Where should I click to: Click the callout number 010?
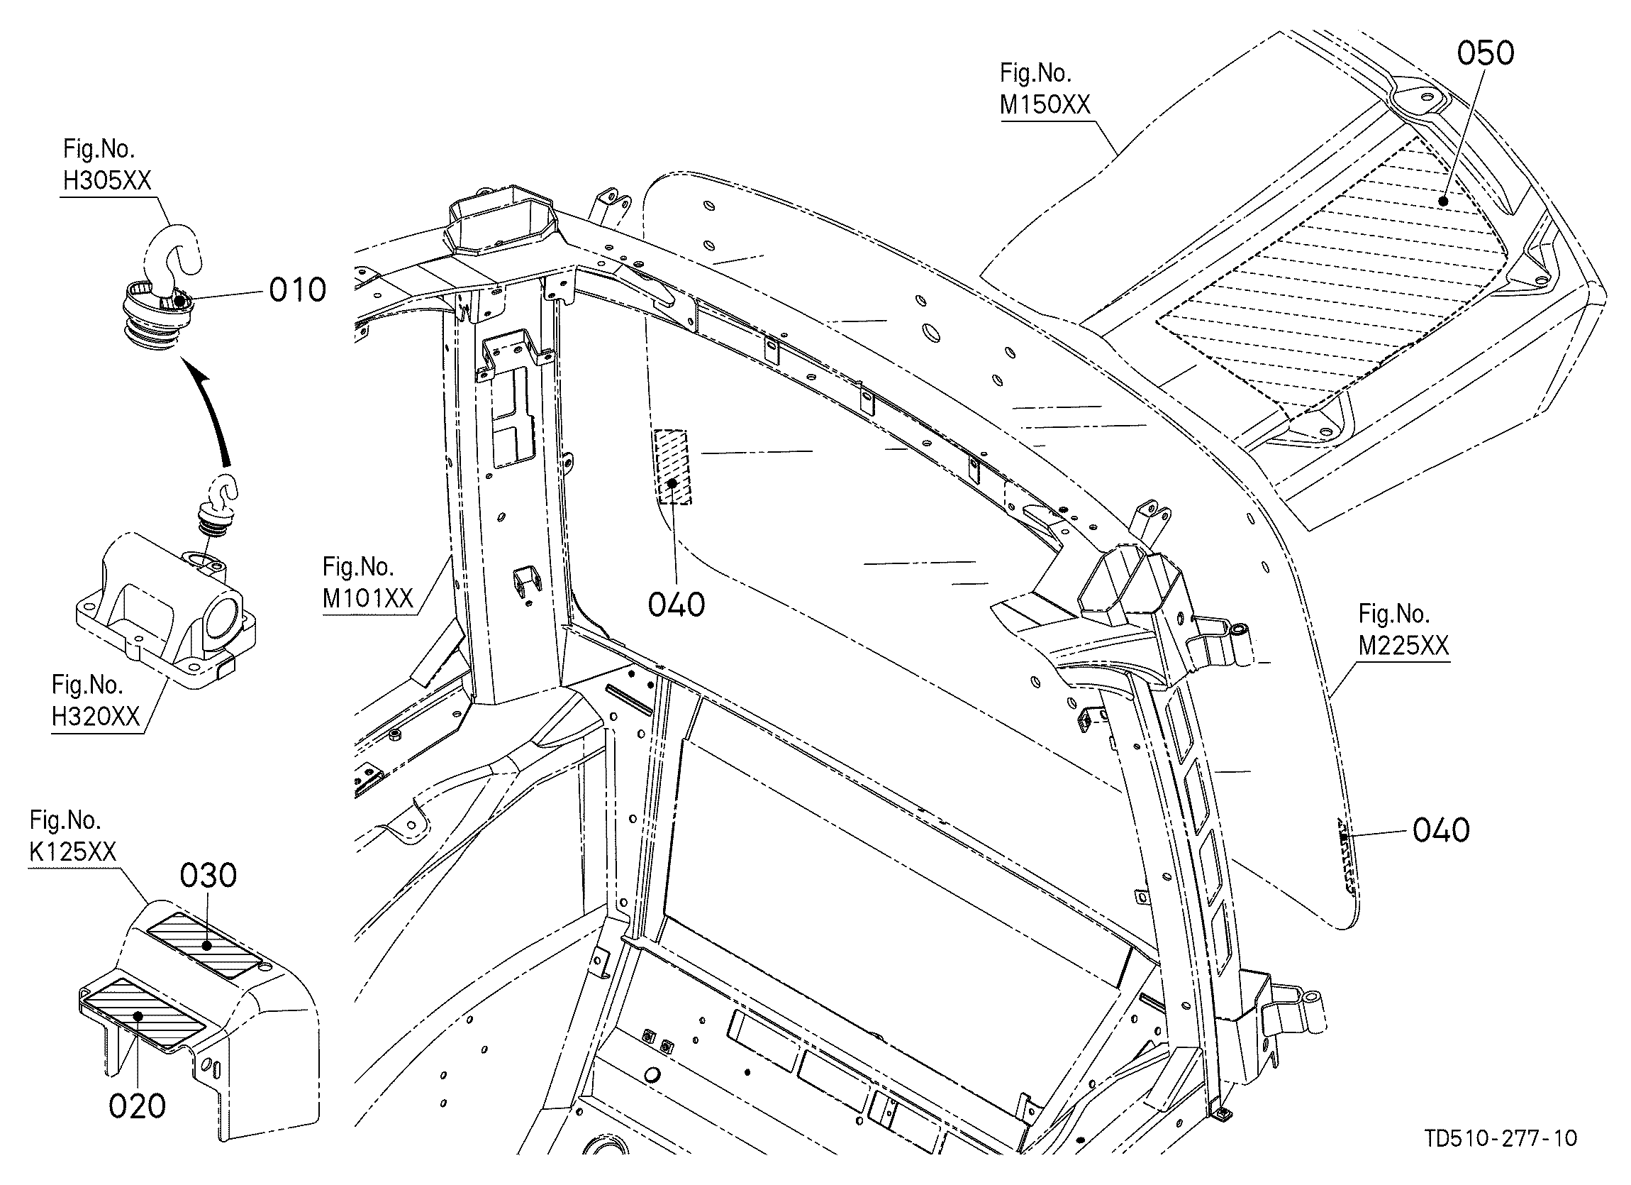tap(298, 290)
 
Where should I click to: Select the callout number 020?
tap(138, 1105)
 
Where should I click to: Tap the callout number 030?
tap(208, 876)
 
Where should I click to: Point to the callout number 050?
tap(1486, 53)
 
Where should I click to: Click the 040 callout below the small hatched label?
tap(676, 605)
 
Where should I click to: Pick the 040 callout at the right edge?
tap(1441, 830)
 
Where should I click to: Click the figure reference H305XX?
tap(107, 181)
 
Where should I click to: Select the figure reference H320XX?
tap(96, 716)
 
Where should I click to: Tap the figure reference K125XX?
tap(72, 852)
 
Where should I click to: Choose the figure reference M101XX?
tap(367, 600)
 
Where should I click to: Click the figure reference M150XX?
tap(1045, 105)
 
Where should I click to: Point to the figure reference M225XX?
tap(1403, 646)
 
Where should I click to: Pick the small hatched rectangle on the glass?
tap(672, 467)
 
